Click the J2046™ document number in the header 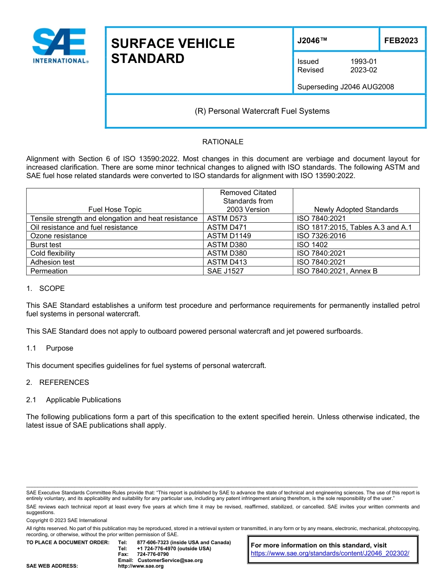click(312, 40)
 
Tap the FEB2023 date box click(401, 40)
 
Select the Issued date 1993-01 click(363, 62)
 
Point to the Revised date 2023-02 click(363, 70)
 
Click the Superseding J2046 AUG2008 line click(346, 86)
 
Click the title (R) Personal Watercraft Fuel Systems click(262, 111)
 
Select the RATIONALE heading click(223, 142)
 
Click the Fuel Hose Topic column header click(115, 210)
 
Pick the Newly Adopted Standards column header click(356, 210)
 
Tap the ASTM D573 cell click(227, 219)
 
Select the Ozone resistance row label click(58, 236)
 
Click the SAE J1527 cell click(225, 271)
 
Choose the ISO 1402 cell click(312, 245)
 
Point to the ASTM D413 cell click(227, 262)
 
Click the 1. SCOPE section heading click(46, 289)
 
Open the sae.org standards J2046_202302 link click(330, 554)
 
